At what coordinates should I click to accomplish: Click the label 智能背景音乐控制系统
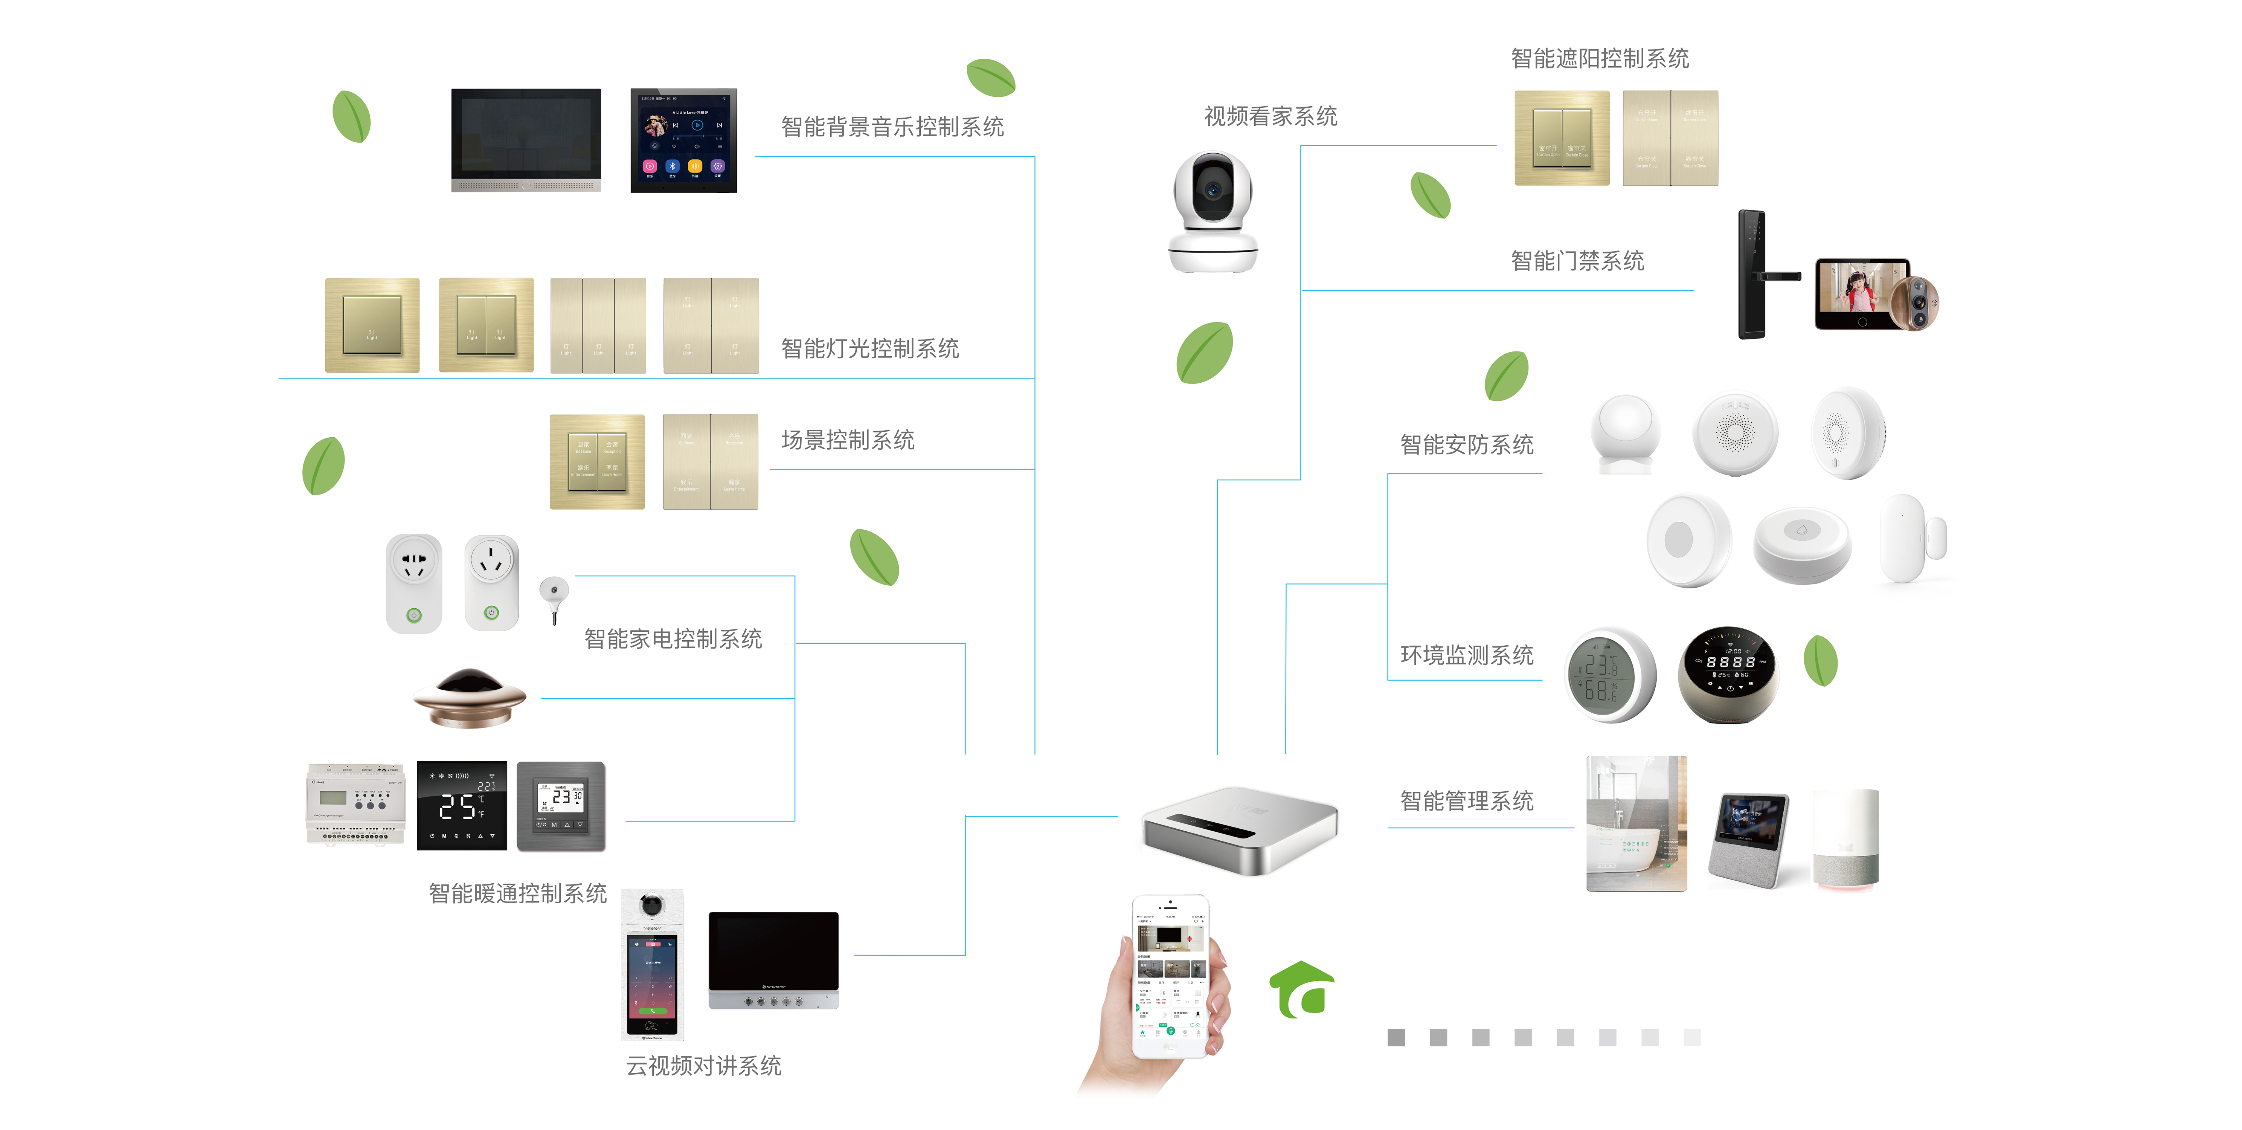[x=892, y=127]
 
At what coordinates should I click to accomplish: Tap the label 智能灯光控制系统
[x=869, y=349]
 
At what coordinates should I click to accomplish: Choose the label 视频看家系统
[x=1270, y=117]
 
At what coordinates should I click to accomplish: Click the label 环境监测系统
[x=1467, y=655]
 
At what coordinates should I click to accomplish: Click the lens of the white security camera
[x=1211, y=189]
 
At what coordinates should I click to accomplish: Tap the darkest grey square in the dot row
[x=1396, y=1038]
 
